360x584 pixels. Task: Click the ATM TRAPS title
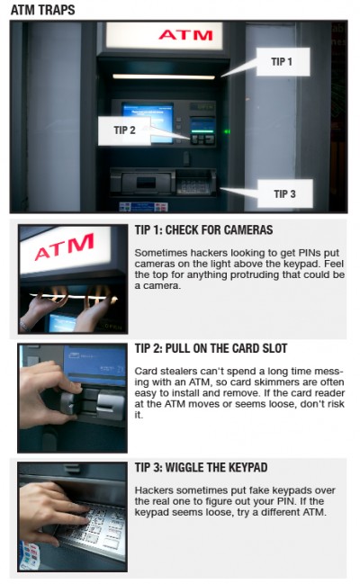(42, 10)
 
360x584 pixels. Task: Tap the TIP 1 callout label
(283, 61)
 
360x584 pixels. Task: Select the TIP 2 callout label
(124, 130)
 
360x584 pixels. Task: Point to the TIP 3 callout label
(285, 193)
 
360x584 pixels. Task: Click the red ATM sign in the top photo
(185, 35)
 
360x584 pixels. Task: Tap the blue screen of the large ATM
(148, 122)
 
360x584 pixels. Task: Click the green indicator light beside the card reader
(226, 131)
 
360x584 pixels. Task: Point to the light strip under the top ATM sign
(164, 76)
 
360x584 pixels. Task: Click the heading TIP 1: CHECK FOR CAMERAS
(203, 229)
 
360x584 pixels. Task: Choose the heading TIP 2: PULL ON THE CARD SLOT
(211, 348)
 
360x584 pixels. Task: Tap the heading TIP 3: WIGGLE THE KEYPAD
(201, 467)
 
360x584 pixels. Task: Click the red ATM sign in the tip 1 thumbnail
(64, 247)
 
